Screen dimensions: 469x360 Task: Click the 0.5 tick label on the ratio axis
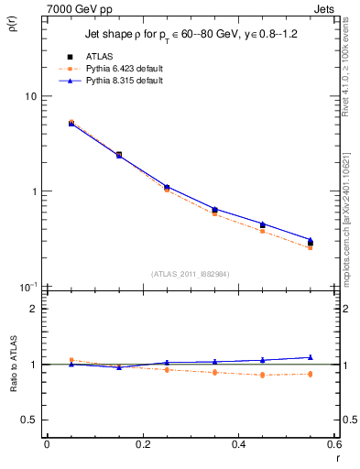point(30,420)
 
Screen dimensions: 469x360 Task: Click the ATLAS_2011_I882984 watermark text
point(190,273)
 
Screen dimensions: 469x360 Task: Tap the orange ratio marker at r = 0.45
point(262,375)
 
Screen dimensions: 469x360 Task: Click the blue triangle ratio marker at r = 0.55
point(310,357)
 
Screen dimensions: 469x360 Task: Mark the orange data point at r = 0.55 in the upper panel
point(310,247)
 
